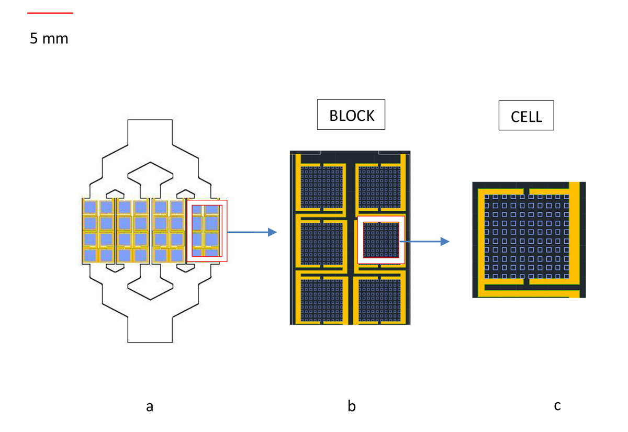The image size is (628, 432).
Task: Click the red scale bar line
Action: click(50, 13)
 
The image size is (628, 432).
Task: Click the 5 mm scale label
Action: click(49, 38)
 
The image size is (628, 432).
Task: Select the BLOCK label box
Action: click(351, 115)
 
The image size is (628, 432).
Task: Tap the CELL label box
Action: click(526, 116)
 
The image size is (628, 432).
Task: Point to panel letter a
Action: click(150, 406)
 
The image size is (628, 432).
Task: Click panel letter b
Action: click(352, 406)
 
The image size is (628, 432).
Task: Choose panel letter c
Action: click(557, 405)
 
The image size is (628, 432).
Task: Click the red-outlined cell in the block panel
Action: click(382, 240)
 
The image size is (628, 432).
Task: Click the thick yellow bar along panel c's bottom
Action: click(529, 293)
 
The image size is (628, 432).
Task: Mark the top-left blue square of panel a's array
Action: click(91, 208)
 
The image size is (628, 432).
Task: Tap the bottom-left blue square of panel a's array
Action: click(91, 256)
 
